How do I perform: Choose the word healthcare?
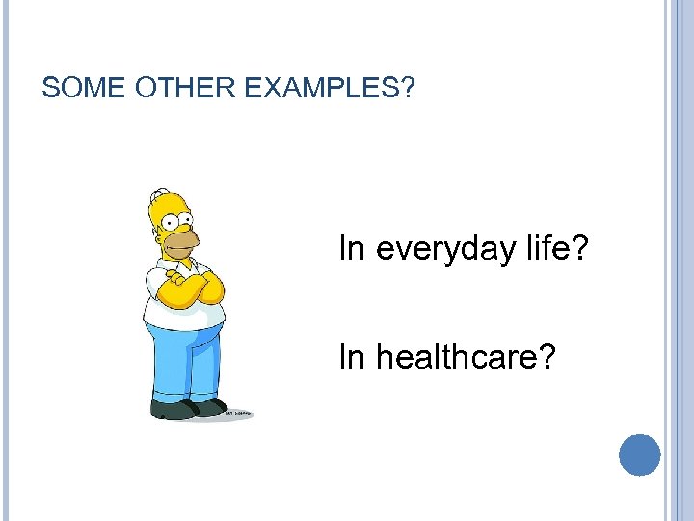point(466,358)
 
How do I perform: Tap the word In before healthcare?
point(351,358)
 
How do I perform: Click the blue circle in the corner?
point(639,454)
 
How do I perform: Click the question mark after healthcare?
point(547,358)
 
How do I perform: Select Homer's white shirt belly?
point(183,314)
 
